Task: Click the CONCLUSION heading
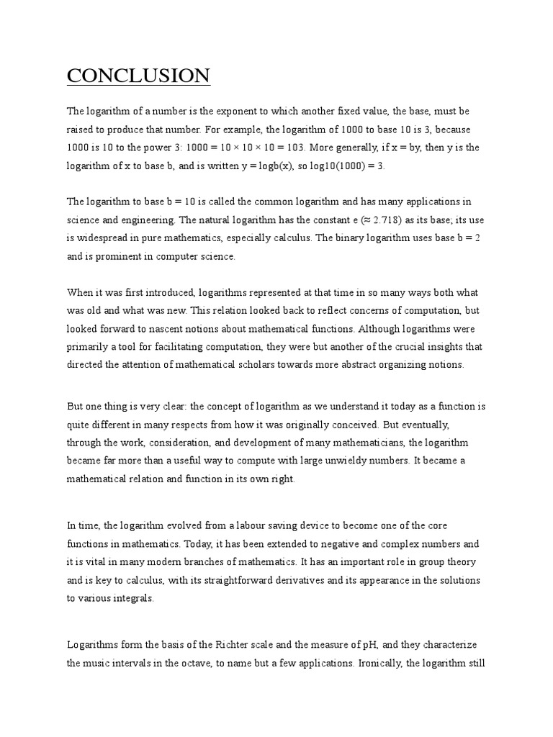click(x=138, y=76)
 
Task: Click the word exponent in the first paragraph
click(x=235, y=112)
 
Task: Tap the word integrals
click(x=132, y=598)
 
